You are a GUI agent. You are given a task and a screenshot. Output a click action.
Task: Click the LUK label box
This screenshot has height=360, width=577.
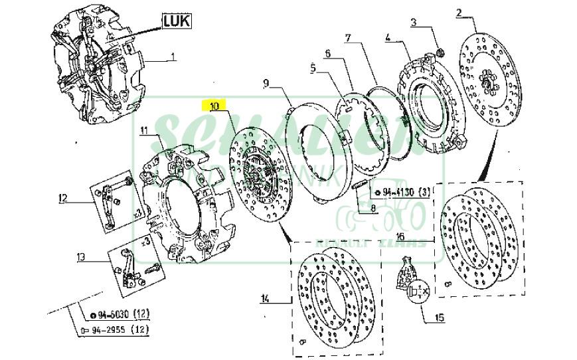tap(177, 21)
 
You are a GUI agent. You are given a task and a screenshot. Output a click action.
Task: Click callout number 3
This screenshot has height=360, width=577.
tap(414, 23)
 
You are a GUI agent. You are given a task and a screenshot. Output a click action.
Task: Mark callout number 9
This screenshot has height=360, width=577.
tap(266, 83)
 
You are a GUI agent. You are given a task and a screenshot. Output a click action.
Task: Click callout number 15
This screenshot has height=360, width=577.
tap(438, 318)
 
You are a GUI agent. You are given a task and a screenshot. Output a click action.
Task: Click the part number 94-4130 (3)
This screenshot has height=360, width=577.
tap(401, 193)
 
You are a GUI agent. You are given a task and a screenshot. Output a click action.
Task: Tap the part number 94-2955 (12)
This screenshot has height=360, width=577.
tap(114, 329)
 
